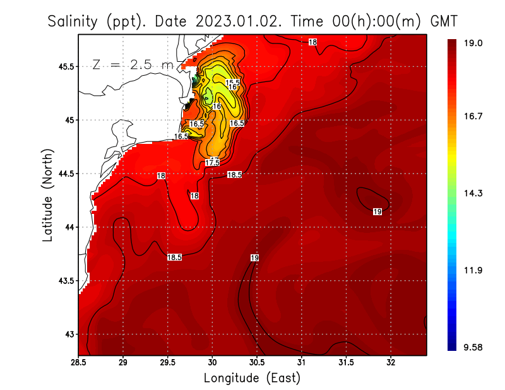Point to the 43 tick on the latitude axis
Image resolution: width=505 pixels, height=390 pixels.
68,334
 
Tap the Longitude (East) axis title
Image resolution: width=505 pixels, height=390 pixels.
252,378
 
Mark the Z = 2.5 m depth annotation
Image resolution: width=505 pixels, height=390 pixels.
133,64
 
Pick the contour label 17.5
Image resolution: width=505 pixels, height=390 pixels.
212,163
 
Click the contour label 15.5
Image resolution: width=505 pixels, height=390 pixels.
233,83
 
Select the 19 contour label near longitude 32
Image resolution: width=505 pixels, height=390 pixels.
377,211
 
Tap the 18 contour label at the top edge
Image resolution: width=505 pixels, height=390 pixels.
312,42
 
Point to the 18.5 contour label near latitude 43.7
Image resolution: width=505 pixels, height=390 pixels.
174,257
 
